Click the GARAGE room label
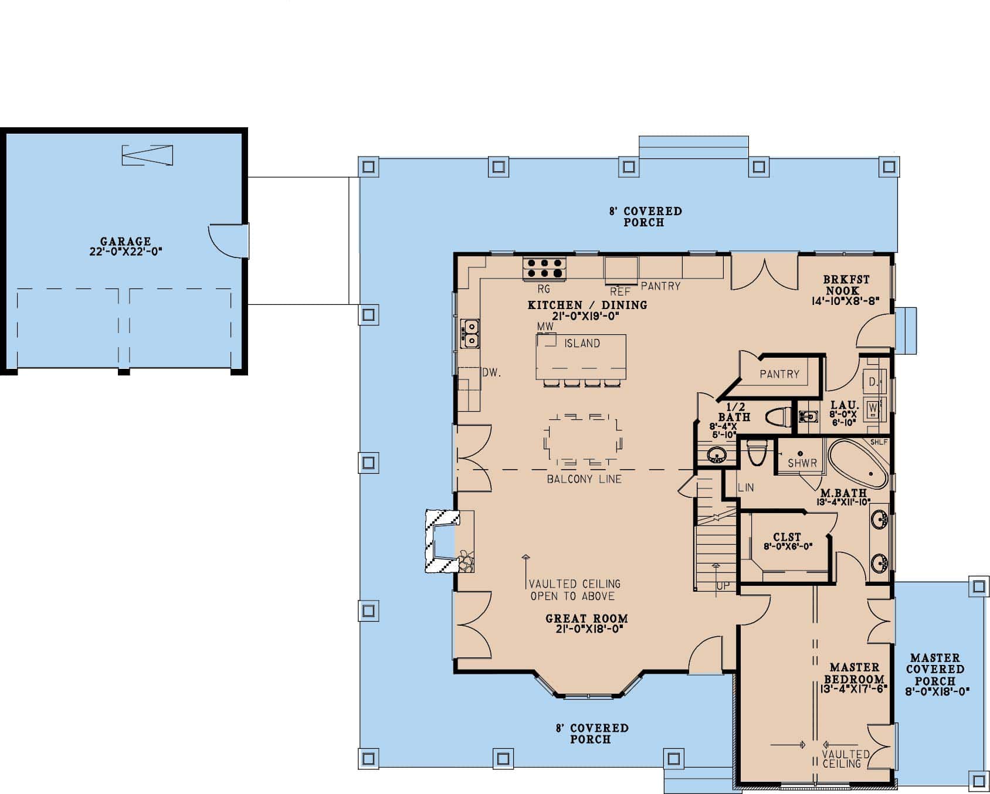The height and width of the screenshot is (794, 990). point(125,242)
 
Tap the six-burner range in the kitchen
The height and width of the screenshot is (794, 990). point(544,269)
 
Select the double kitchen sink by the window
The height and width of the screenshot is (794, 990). point(470,333)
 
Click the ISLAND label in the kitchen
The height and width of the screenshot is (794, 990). point(582,344)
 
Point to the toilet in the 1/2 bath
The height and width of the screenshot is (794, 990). point(778,418)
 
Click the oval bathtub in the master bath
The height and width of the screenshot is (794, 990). point(857,464)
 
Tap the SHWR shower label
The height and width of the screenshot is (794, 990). point(802,463)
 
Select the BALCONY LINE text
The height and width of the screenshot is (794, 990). point(584,479)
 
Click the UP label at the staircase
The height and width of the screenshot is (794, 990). point(723,586)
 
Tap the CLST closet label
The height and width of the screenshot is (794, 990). point(786,537)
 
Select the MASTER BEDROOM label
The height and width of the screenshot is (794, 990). point(854,673)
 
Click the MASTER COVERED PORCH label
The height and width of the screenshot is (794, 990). point(935,669)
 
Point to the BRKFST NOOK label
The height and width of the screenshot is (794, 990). point(846,285)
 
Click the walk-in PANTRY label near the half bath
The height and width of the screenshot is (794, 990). point(779,374)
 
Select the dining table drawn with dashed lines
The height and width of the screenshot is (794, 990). point(583,440)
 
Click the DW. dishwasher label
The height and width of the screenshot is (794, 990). point(491,372)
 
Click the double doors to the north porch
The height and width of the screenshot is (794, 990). point(764,273)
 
